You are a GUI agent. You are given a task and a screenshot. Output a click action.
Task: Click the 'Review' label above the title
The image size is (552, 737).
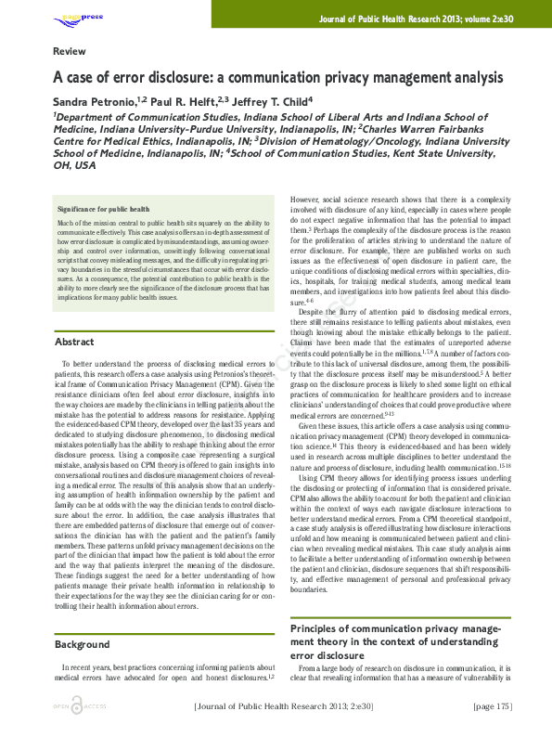click(x=70, y=51)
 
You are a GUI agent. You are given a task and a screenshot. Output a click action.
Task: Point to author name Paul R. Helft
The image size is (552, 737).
click(x=181, y=99)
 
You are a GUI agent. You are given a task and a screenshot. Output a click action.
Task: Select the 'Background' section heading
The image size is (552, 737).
click(x=82, y=644)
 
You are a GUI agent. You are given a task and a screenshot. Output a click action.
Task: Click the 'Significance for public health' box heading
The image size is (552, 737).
click(x=103, y=210)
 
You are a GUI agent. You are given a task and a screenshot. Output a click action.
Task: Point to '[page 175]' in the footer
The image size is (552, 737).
click(x=492, y=706)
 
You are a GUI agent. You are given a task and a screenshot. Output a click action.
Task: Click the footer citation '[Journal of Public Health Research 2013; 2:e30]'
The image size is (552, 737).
click(x=283, y=706)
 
